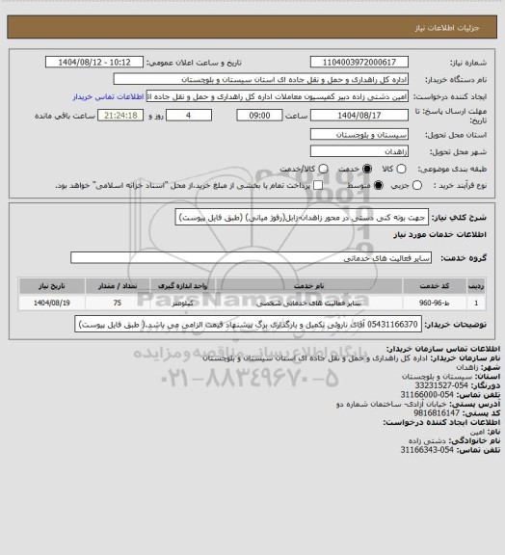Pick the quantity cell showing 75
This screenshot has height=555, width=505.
116,303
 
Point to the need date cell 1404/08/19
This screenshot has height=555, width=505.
41,303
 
